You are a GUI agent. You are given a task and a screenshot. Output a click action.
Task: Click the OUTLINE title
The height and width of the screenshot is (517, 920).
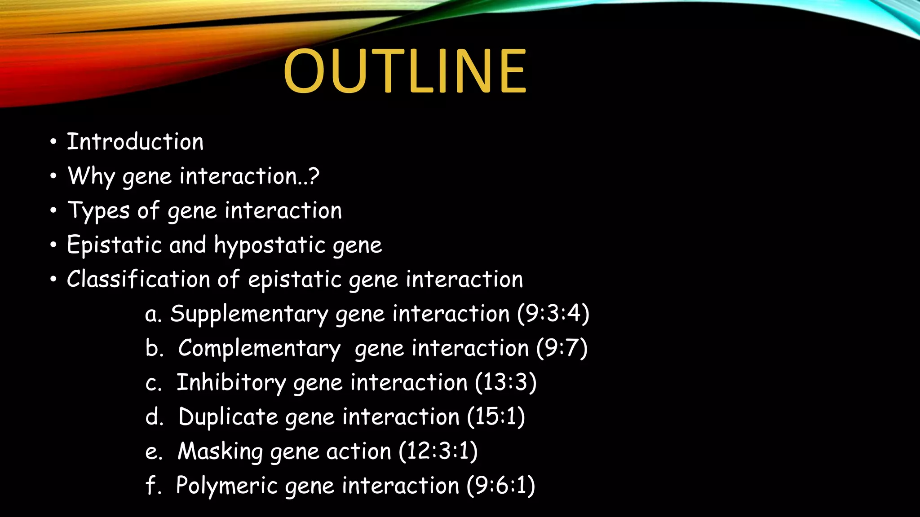pyautogui.click(x=404, y=72)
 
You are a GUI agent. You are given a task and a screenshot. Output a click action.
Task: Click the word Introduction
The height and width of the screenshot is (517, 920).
pyautogui.click(x=135, y=142)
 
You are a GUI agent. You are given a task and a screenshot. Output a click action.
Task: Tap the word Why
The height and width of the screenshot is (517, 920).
pyautogui.click(x=91, y=176)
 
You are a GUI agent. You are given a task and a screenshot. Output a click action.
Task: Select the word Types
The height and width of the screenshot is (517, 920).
pyautogui.click(x=98, y=211)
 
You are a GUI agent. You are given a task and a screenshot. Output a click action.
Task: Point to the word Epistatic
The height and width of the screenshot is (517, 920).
pyautogui.click(x=114, y=245)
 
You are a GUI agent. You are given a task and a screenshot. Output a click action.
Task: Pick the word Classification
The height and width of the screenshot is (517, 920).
pyautogui.click(x=138, y=279)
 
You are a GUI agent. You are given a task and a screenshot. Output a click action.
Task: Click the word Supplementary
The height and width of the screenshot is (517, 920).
pyautogui.click(x=249, y=314)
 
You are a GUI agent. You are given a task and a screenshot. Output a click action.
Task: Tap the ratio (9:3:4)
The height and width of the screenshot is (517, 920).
pyautogui.click(x=553, y=313)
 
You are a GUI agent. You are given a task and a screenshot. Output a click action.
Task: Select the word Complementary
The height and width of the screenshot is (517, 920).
pyautogui.click(x=259, y=349)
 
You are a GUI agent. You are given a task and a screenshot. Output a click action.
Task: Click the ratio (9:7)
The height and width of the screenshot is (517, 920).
pyautogui.click(x=562, y=348)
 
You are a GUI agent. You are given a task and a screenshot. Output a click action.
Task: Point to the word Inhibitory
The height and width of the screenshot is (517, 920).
pyautogui.click(x=231, y=383)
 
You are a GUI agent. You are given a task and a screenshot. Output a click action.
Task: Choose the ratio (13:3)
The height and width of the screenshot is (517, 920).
pyautogui.click(x=506, y=382)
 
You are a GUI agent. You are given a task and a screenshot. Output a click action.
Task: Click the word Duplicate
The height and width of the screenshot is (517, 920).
pyautogui.click(x=228, y=417)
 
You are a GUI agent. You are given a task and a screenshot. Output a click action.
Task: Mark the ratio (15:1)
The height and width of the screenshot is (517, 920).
pyautogui.click(x=496, y=416)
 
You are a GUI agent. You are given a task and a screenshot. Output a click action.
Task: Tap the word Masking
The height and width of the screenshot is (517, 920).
pyautogui.click(x=220, y=451)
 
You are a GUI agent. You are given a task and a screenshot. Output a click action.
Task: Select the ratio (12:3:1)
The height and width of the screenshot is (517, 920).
pyautogui.click(x=438, y=451)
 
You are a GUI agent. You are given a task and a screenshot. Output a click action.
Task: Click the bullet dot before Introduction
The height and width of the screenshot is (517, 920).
pyautogui.click(x=53, y=142)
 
